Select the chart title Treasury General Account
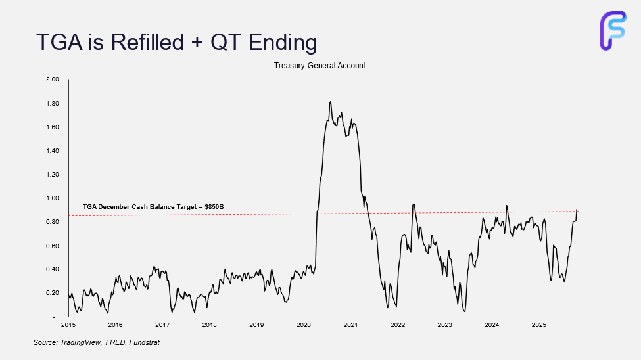tap(320, 66)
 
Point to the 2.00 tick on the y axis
tap(51, 79)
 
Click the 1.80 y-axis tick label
tap(51, 104)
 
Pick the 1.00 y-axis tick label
tap(51, 198)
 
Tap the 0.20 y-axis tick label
tap(51, 293)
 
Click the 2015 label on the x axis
tap(68, 325)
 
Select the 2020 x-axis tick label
tap(303, 325)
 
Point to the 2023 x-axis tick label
tap(444, 325)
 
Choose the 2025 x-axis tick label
tap(538, 325)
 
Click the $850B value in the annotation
tap(214, 207)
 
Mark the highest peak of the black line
tap(330, 102)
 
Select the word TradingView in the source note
tap(78, 343)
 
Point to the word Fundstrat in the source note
tap(144, 343)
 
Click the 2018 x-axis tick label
tap(209, 325)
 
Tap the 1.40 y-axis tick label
tap(51, 151)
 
